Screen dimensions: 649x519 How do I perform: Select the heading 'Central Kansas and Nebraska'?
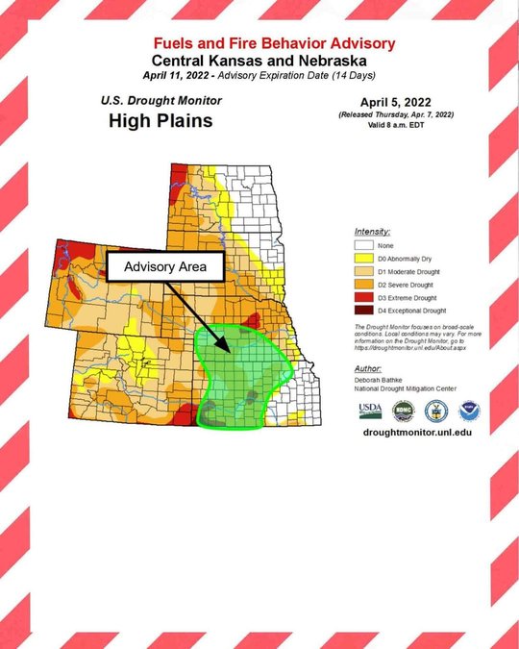pyautogui.click(x=259, y=61)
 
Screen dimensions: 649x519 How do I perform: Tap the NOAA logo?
pyautogui.click(x=469, y=412)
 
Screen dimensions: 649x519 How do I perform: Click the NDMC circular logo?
pyautogui.click(x=404, y=411)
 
